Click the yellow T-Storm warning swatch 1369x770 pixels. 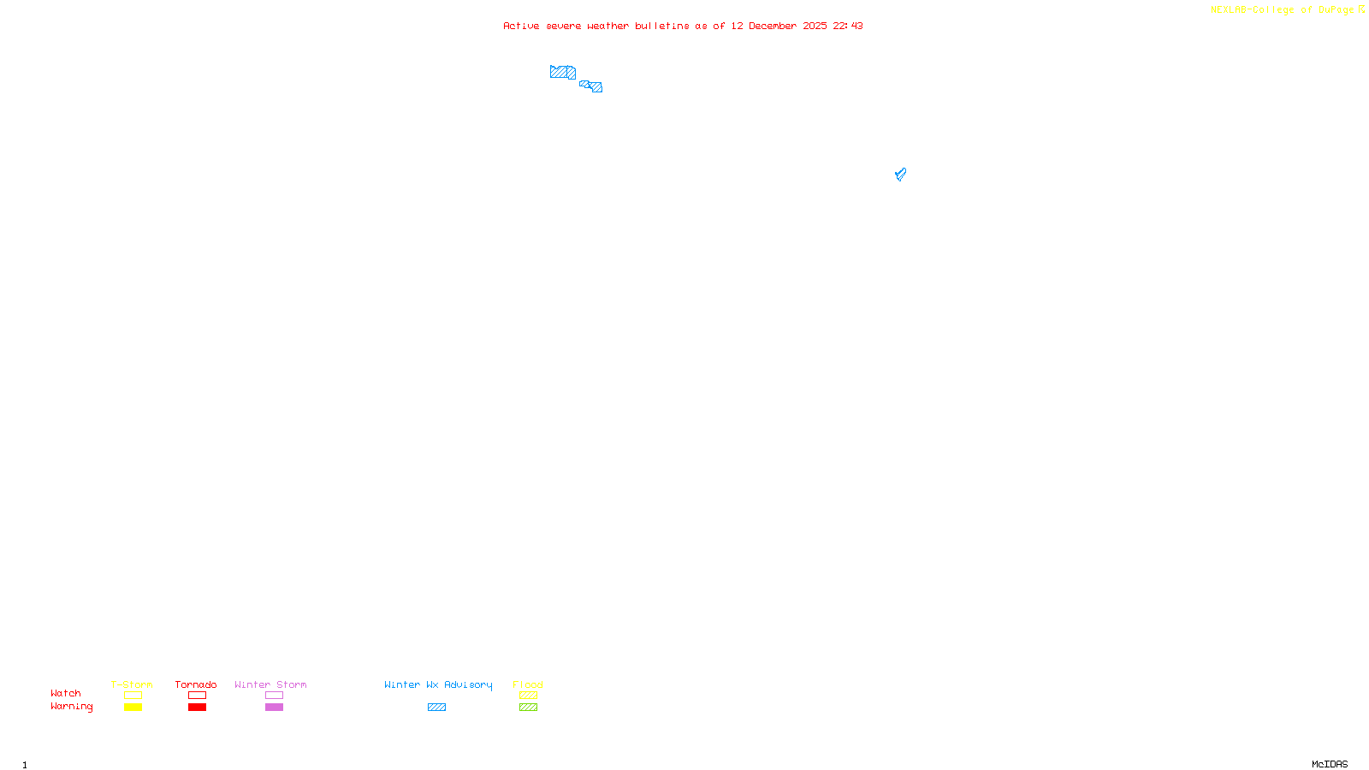coord(133,708)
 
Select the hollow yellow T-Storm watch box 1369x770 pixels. coord(133,696)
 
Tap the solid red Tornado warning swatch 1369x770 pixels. coord(197,708)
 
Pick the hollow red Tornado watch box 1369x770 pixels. coord(197,696)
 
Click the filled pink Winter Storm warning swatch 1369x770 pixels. coord(274,708)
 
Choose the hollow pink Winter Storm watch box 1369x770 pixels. coord(274,696)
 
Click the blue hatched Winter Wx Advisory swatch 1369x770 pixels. coord(436,708)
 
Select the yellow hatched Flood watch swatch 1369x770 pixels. coord(528,696)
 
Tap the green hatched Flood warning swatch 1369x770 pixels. coord(528,708)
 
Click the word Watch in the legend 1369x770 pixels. coord(66,694)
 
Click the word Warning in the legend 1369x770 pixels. coord(71,707)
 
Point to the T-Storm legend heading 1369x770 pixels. coord(132,684)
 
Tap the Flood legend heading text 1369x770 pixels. coord(528,684)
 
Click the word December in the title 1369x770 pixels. coord(773,27)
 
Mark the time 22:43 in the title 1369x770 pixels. coord(848,27)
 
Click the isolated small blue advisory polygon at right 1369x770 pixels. coord(900,175)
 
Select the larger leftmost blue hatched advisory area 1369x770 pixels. coord(562,73)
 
